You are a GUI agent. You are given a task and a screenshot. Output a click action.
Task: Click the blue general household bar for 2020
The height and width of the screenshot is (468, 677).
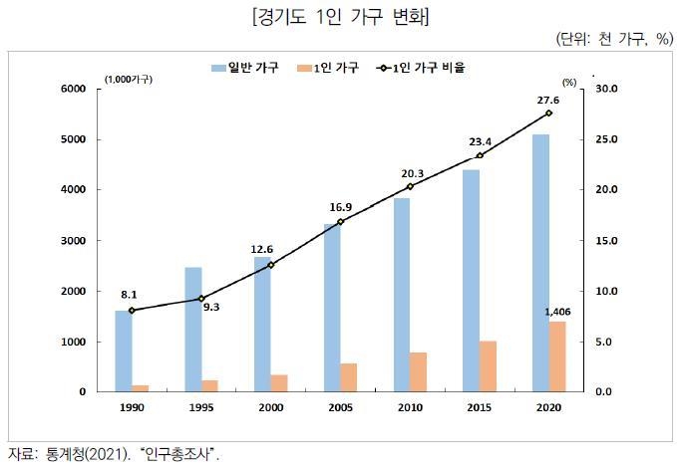point(539,263)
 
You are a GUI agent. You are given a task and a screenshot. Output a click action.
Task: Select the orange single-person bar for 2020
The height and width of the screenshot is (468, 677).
point(557,356)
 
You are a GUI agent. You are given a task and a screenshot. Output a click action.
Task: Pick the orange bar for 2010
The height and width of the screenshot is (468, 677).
point(419,371)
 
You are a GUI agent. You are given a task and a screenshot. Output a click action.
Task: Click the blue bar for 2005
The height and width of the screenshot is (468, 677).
point(331,308)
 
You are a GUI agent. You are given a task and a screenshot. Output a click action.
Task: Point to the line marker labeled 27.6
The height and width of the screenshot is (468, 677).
point(548,114)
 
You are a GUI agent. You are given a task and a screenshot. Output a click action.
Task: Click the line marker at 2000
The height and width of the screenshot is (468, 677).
point(270,265)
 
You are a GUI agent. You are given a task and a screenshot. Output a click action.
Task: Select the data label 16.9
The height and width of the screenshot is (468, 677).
point(341,207)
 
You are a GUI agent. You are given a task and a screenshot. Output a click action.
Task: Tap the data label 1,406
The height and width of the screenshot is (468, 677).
point(557,312)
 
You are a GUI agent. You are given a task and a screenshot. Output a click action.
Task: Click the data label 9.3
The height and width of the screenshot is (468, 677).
point(210,308)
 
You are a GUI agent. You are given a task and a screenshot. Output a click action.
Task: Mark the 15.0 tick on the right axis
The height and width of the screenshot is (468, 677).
point(607,241)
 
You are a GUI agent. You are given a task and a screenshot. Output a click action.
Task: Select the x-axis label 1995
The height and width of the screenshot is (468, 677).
point(201,408)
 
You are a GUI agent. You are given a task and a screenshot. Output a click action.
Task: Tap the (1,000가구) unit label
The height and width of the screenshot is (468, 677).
point(128,79)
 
